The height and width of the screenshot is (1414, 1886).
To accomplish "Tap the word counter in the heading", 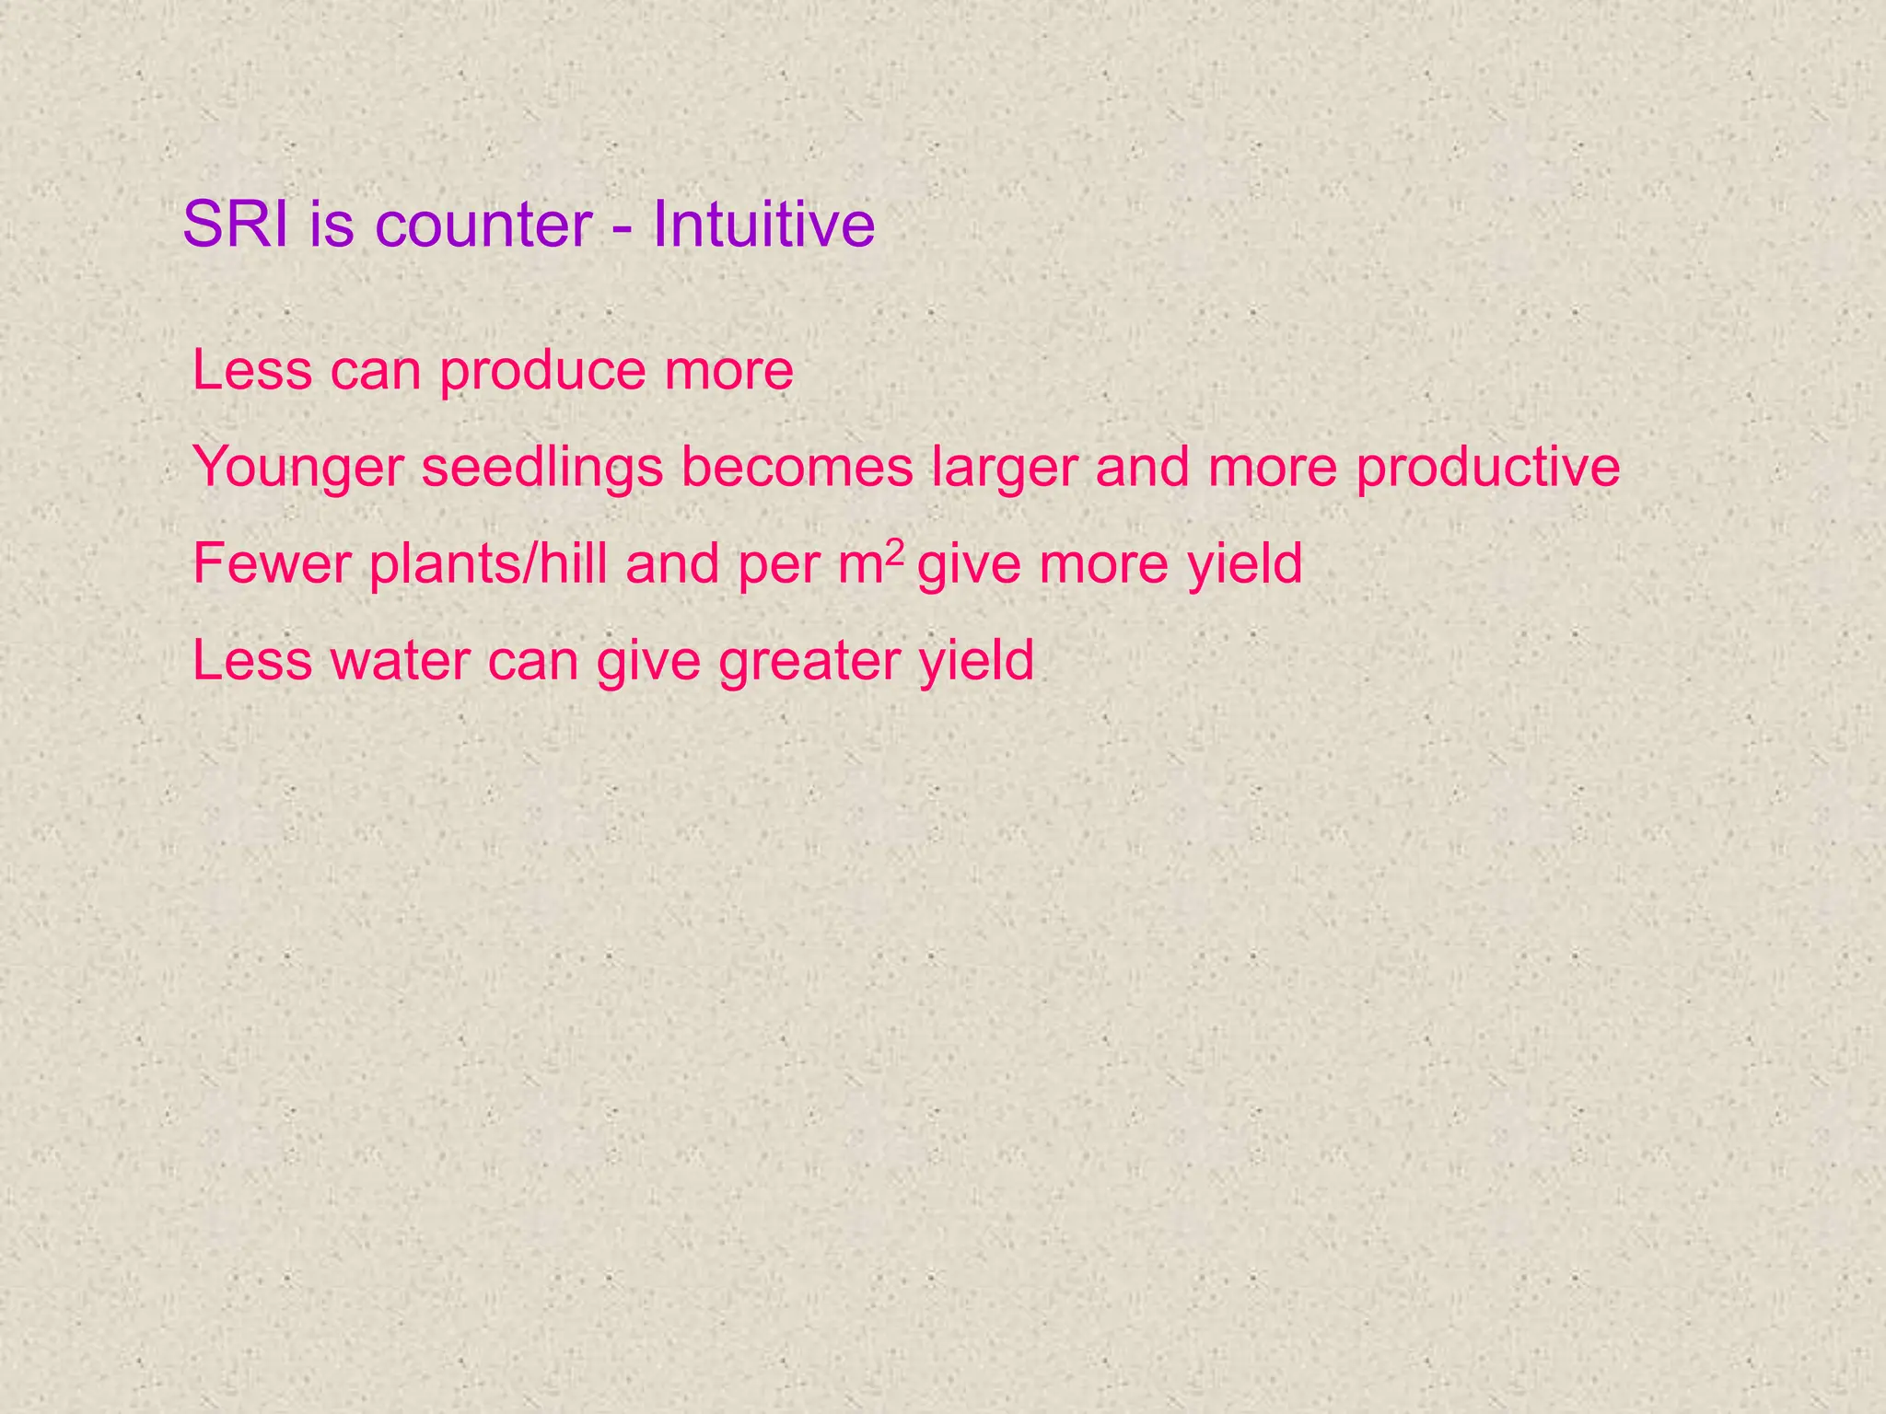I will point(483,226).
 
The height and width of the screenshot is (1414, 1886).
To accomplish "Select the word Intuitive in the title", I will point(763,224).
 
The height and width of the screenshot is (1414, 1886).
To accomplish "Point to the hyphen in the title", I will point(623,227).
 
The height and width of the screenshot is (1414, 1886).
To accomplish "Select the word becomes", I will point(797,467).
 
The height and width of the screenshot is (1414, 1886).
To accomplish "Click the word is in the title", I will point(332,224).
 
